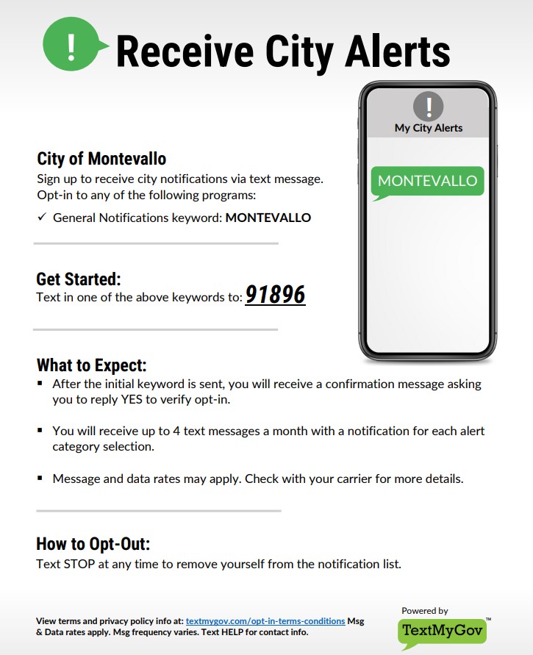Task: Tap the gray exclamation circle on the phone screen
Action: [429, 107]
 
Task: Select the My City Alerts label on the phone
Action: [429, 128]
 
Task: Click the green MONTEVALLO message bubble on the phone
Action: [427, 181]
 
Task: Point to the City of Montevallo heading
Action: [101, 159]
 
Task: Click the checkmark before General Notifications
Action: [42, 218]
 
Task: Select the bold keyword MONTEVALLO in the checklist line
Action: [268, 218]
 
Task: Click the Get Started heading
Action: [78, 279]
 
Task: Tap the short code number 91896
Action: [275, 295]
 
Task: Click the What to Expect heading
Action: [91, 365]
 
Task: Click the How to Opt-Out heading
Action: [93, 544]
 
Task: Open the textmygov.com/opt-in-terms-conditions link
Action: [265, 621]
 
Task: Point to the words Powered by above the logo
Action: [424, 611]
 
